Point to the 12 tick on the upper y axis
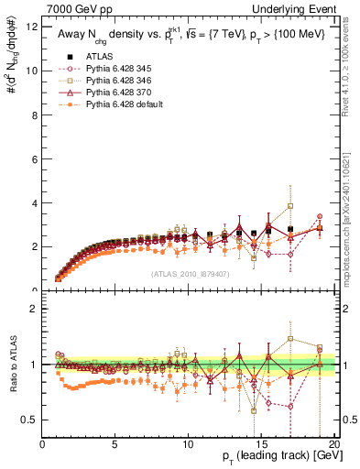coord(32,27)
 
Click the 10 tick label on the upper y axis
coord(32,71)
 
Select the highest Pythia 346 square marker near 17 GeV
coord(290,206)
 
